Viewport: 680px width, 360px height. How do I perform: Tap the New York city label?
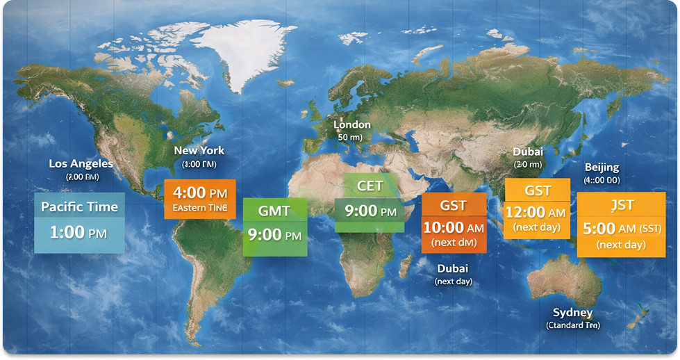(x=199, y=150)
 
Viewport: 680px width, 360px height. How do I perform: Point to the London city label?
(x=352, y=124)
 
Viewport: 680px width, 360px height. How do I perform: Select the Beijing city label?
(x=602, y=167)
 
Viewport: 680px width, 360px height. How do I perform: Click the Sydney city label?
(x=572, y=312)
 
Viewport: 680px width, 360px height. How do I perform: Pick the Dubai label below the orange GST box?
(x=453, y=268)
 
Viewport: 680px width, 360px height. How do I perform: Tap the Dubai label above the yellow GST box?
(x=528, y=152)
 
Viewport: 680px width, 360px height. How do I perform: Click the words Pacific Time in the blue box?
(x=79, y=206)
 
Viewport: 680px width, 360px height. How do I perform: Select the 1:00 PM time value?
(x=78, y=232)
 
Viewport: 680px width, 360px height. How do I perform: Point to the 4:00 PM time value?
(x=200, y=191)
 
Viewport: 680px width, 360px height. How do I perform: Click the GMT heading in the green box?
(x=274, y=211)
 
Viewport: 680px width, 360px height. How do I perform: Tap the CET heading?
(x=369, y=186)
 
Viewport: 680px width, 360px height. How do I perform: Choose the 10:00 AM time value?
(x=453, y=227)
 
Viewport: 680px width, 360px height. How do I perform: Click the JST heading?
(x=621, y=205)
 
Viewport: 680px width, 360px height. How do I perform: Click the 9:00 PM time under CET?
(x=370, y=210)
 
